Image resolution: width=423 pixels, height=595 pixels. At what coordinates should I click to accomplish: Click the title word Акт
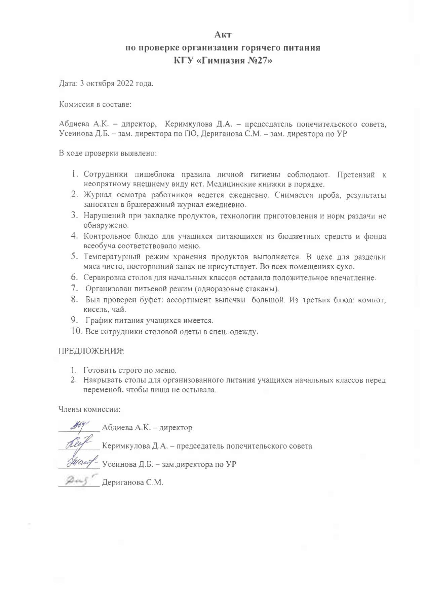[x=223, y=35]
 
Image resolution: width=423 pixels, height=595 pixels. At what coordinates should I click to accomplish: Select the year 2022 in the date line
[x=125, y=84]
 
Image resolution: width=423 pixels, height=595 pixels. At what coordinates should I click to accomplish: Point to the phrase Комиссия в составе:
[x=95, y=104]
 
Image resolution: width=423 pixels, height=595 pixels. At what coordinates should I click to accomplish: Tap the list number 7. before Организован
[x=74, y=289]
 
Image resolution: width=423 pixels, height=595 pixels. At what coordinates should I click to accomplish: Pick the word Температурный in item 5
[x=112, y=257]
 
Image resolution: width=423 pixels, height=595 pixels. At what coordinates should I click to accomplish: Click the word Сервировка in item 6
[x=105, y=278]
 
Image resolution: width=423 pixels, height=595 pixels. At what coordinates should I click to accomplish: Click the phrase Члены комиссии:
[x=89, y=409]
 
